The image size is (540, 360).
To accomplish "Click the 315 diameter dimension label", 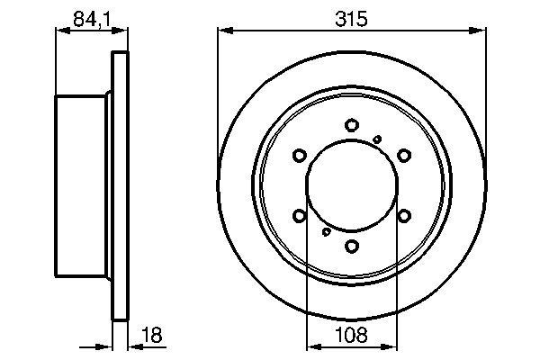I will point(352,17).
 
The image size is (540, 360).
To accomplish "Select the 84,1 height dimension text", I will point(87,17).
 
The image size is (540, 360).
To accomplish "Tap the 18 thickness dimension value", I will point(152,337).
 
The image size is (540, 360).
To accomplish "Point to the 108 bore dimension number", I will point(352,337).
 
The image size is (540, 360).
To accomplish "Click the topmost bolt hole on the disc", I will point(353,126).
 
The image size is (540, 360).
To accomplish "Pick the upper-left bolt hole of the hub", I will point(301,156).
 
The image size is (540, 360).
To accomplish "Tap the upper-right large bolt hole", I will point(404,156).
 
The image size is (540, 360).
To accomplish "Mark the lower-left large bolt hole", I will point(301,215).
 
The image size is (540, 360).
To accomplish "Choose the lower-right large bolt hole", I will point(404,215).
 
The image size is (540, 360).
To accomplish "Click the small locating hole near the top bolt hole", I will point(378,138).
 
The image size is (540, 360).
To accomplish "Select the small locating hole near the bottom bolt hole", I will point(326,232).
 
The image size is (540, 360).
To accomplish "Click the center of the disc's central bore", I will point(353,185).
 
